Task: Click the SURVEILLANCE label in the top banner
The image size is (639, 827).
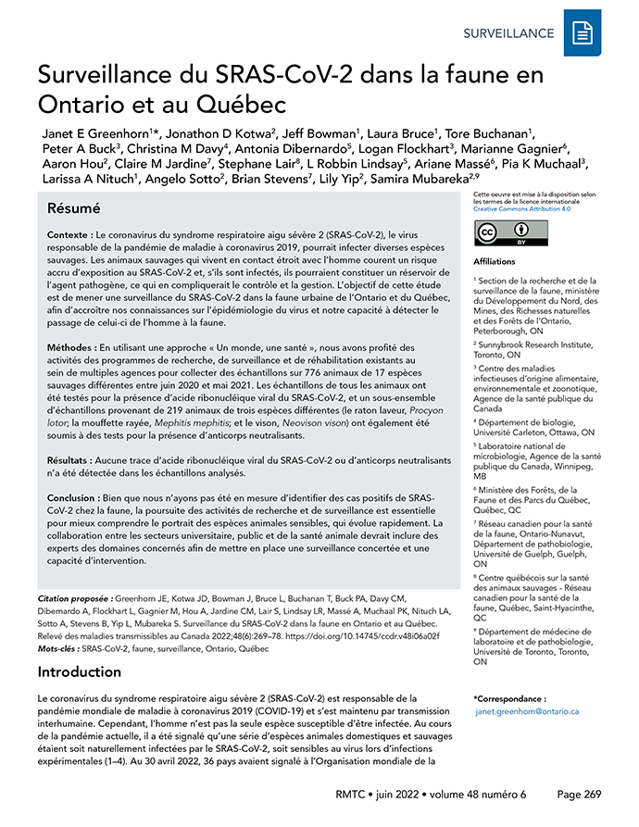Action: click(x=508, y=33)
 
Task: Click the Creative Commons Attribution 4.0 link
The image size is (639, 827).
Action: click(x=520, y=210)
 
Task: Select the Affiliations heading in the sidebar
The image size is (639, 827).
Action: click(x=495, y=262)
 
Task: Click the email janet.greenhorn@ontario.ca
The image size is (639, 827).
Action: click(x=528, y=711)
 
